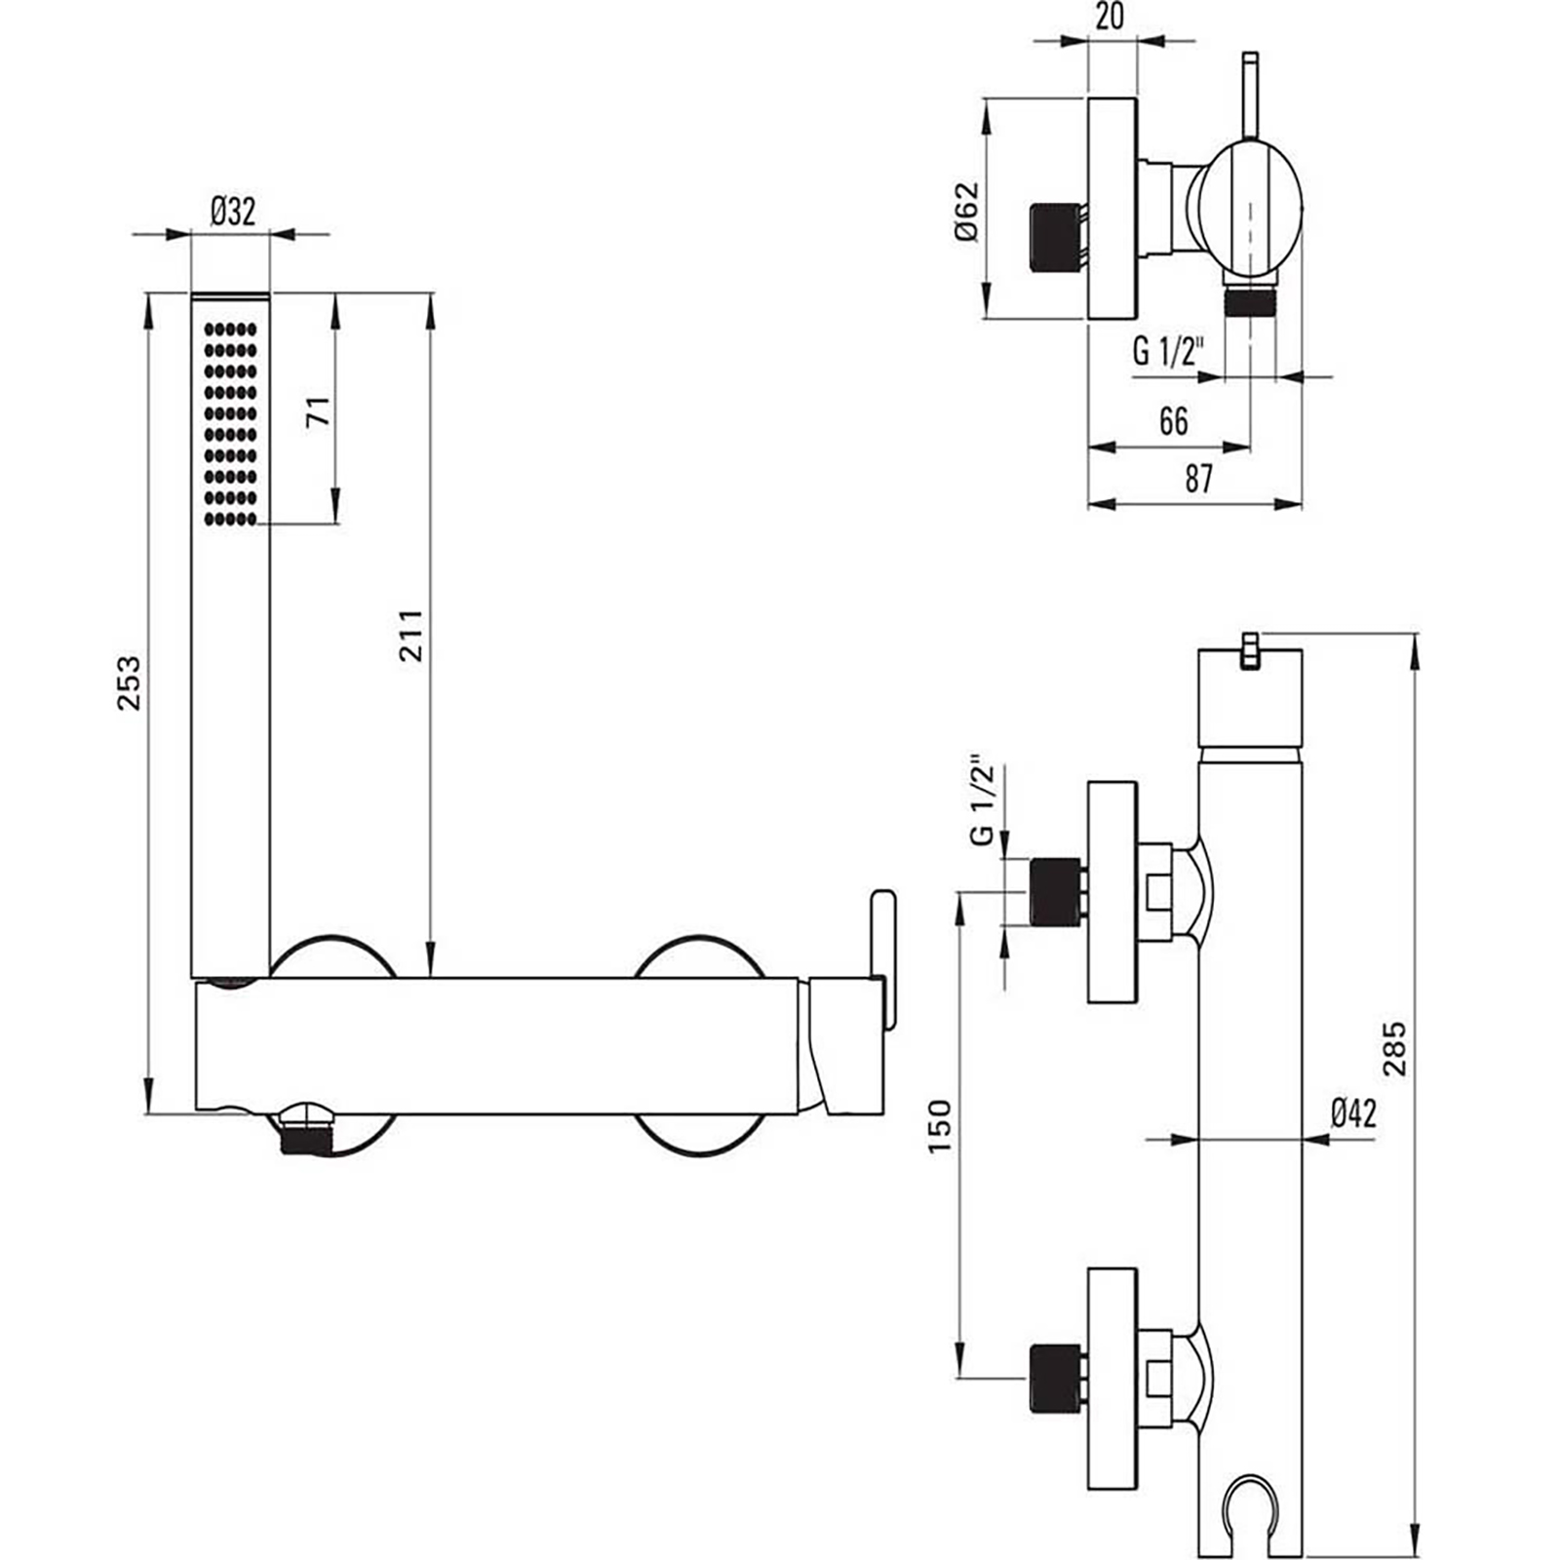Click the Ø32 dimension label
(232, 211)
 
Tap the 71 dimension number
(319, 410)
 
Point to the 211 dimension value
(410, 635)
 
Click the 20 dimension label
(1110, 17)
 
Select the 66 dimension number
(1173, 421)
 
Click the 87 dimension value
(1198, 479)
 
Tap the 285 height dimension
(1395, 1048)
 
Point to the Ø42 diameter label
(1353, 1112)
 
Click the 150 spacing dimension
(939, 1126)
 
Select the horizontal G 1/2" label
(1168, 351)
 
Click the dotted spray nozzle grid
(231, 424)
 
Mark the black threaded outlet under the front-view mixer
(306, 1138)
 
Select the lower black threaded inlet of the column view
(1055, 1377)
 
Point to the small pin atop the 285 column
(1249, 649)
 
